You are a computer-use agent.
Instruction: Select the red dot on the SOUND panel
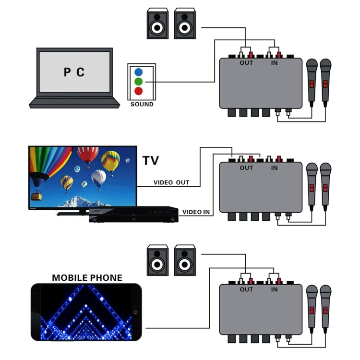(138, 91)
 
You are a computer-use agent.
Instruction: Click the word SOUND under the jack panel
(142, 104)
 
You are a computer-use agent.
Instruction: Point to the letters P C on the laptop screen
(74, 72)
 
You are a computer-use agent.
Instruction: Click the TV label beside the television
(150, 160)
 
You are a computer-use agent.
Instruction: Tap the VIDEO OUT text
(171, 183)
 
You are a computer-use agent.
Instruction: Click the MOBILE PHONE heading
(87, 278)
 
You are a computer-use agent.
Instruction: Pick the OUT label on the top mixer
(246, 62)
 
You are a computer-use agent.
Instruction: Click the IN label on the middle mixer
(274, 168)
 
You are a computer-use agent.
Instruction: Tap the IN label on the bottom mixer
(274, 289)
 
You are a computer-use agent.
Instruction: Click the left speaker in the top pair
(157, 23)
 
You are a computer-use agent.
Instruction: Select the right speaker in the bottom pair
(185, 260)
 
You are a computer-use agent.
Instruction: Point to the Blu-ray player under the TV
(134, 214)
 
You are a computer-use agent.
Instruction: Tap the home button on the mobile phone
(135, 312)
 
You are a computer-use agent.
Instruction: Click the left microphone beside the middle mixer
(312, 187)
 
